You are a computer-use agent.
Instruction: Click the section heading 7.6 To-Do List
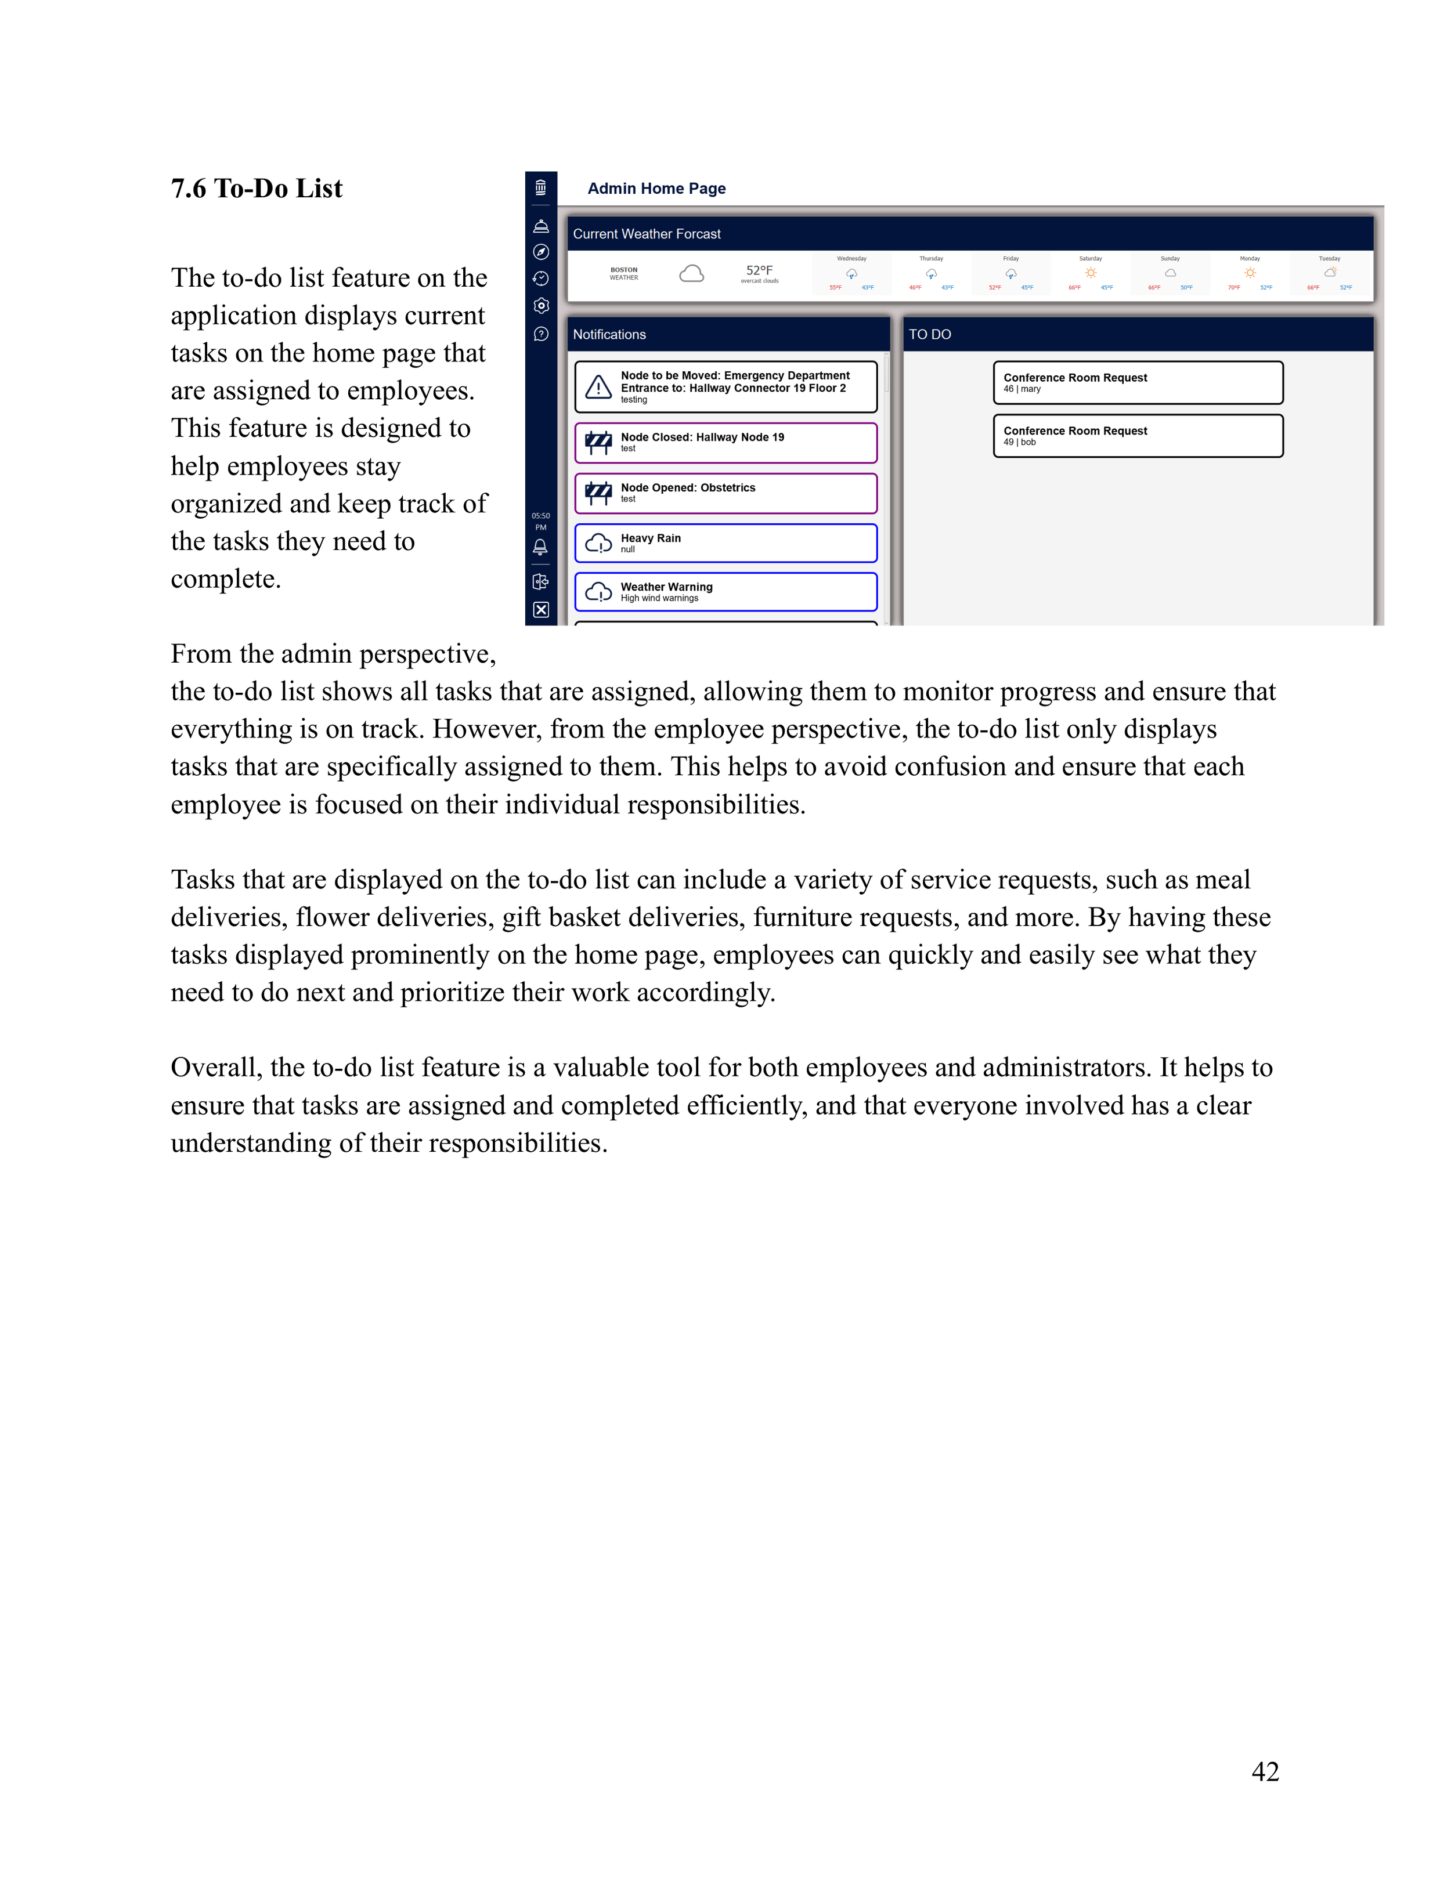coord(256,188)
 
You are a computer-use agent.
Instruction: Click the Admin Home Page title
coord(656,188)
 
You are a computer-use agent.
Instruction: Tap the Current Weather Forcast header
coord(647,234)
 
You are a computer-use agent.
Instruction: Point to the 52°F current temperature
coord(759,270)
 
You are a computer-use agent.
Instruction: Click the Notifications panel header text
coord(609,334)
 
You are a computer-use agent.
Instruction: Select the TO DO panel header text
coord(929,334)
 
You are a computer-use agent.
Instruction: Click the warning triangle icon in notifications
coord(598,388)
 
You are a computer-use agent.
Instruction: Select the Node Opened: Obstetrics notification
coord(725,493)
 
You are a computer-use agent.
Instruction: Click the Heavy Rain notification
coord(725,543)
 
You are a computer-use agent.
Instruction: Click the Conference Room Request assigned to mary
coord(1137,382)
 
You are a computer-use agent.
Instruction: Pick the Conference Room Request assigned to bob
coord(1137,436)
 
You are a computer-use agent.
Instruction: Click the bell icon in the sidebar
coord(540,547)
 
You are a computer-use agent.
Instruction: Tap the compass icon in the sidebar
coord(541,252)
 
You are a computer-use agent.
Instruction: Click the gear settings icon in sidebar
coord(541,306)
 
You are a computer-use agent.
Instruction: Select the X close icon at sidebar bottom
coord(541,609)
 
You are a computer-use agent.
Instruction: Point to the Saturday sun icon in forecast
coord(1090,273)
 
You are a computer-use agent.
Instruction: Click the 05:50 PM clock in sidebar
coord(541,521)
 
